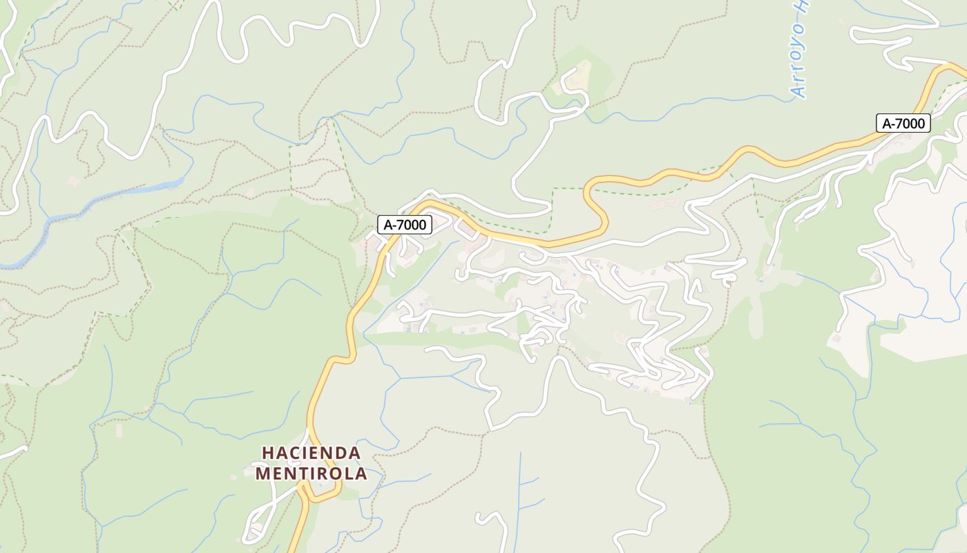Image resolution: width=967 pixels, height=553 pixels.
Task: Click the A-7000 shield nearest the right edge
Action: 903,124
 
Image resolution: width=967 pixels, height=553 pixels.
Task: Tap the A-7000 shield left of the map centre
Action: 405,225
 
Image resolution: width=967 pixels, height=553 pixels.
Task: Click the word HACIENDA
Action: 311,453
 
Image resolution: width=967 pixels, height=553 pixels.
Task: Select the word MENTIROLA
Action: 311,474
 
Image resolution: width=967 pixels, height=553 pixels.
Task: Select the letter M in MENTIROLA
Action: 262,474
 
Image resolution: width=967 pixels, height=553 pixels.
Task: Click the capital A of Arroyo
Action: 798,88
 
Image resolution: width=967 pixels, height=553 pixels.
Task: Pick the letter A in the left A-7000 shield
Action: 389,225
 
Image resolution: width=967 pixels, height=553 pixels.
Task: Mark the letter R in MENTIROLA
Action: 321,474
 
